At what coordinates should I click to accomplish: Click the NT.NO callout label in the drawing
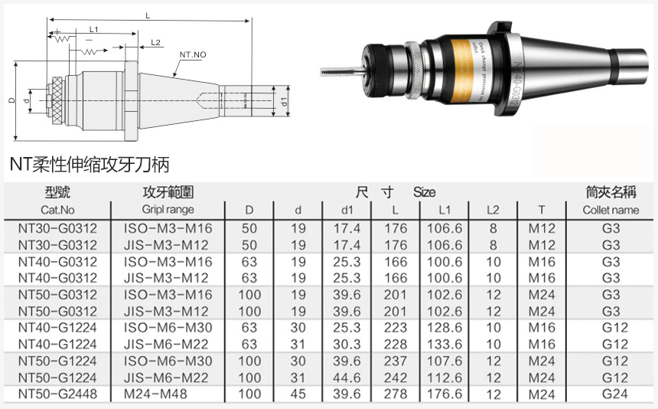pos(192,56)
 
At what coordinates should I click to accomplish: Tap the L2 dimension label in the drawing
pos(155,42)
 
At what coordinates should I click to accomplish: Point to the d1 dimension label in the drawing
pos(284,101)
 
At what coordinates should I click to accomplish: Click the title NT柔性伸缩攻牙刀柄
pos(89,164)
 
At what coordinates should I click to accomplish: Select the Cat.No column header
pos(57,210)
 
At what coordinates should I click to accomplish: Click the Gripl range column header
pos(168,210)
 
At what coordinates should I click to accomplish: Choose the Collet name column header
pos(611,210)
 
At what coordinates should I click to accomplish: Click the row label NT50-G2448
pos(57,394)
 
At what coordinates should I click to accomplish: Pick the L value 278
pos(395,394)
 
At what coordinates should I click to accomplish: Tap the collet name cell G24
pos(611,394)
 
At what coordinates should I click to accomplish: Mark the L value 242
pos(395,378)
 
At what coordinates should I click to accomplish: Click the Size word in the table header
pos(425,192)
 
